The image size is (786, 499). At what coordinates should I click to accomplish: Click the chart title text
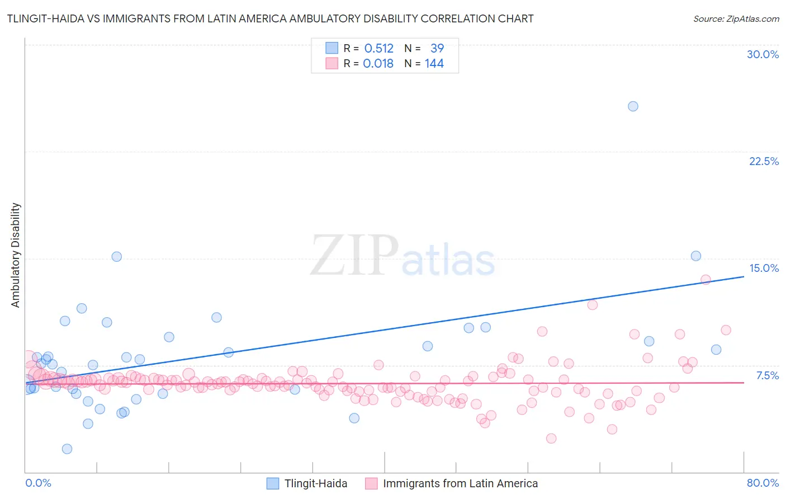tap(270, 18)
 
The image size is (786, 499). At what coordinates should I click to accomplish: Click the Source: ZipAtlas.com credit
tap(736, 18)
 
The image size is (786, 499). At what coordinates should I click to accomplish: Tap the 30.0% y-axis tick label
tap(763, 54)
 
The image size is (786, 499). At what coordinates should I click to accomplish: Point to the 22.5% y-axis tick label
tap(764, 161)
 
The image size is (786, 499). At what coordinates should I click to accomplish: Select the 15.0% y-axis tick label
tap(764, 268)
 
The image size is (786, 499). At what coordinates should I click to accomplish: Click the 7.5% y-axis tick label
tap(767, 375)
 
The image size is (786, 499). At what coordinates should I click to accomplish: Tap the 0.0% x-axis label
tap(38, 483)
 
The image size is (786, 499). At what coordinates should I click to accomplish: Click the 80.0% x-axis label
tap(763, 483)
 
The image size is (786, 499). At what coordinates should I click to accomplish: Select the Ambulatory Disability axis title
tap(16, 255)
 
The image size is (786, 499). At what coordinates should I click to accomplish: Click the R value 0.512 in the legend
tap(378, 49)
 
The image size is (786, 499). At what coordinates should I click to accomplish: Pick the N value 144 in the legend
tap(434, 64)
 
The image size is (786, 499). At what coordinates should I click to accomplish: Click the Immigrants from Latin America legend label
tap(460, 483)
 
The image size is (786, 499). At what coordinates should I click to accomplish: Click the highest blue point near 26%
tap(633, 106)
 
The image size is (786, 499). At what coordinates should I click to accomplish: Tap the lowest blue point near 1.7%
tap(67, 449)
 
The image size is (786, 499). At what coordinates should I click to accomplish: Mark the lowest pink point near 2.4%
tap(551, 439)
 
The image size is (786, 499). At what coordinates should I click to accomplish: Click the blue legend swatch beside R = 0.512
tap(332, 48)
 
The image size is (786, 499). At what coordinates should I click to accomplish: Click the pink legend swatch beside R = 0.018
tap(332, 63)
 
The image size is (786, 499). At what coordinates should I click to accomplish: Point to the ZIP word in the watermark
tap(354, 256)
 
